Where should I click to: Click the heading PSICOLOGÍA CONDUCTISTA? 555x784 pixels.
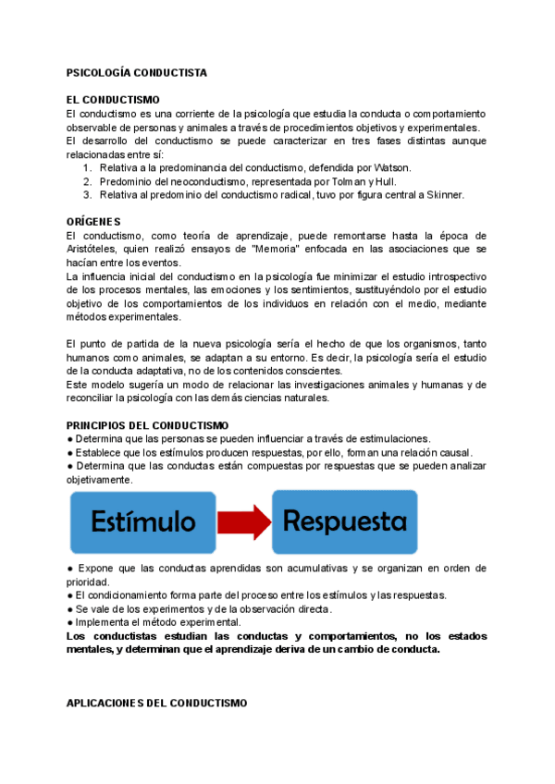pyautogui.click(x=137, y=72)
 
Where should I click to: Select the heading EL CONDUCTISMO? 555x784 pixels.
pyautogui.click(x=113, y=100)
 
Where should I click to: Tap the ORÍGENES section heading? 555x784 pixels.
pyautogui.click(x=93, y=222)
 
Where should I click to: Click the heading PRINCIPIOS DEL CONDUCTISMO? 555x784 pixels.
pyautogui.click(x=147, y=425)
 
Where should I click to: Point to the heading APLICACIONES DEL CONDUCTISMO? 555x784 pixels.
pyautogui.click(x=157, y=703)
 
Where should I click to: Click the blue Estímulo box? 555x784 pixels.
pyautogui.click(x=142, y=522)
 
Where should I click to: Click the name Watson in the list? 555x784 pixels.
pyautogui.click(x=389, y=168)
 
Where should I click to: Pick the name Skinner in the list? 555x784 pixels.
pyautogui.click(x=442, y=195)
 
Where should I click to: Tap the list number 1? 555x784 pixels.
pyautogui.click(x=86, y=168)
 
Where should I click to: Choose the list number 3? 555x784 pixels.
pyautogui.click(x=86, y=195)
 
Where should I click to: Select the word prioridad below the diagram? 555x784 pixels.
pyautogui.click(x=87, y=582)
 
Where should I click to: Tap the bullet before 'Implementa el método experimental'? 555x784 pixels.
pyautogui.click(x=70, y=623)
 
